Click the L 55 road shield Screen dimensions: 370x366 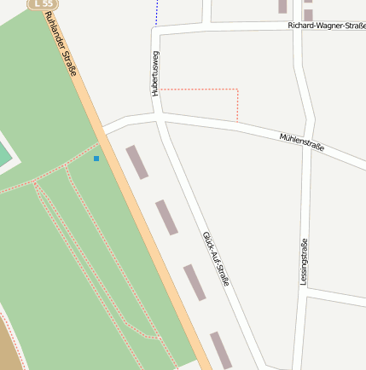coord(42,4)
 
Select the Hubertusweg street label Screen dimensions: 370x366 coord(155,72)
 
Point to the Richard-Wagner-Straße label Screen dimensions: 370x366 coord(327,26)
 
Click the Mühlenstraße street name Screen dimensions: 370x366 coord(302,142)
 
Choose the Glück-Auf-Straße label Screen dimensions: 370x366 coord(216,257)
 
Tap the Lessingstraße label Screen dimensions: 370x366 coord(305,261)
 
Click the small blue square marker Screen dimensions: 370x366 coord(96,159)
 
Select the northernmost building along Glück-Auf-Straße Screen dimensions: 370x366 coord(137,162)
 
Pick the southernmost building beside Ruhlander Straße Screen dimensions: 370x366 coord(221,350)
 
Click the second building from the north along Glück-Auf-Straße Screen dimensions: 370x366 coord(166,217)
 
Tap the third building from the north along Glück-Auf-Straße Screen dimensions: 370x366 coord(195,282)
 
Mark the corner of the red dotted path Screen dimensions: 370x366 coord(237,90)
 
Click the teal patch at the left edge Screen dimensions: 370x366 coord(4,156)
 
